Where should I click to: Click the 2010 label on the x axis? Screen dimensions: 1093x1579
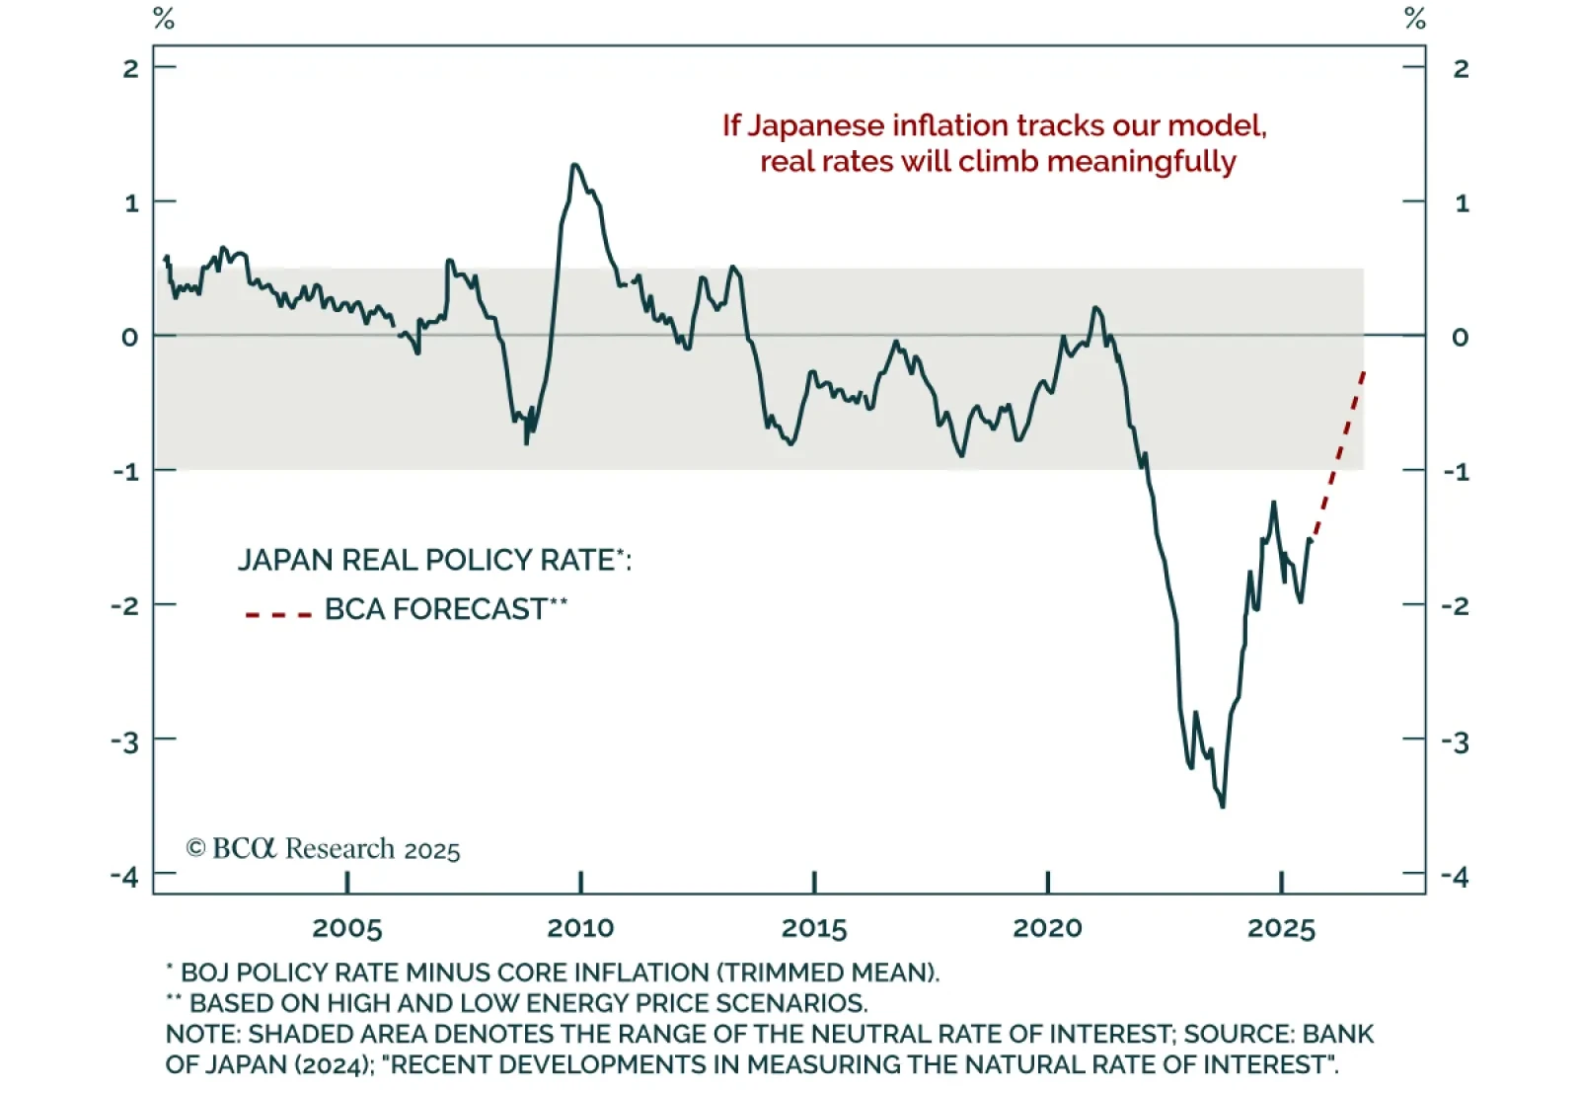point(580,928)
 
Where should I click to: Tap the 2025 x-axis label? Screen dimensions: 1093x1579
point(1281,928)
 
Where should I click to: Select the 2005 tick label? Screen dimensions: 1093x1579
point(346,928)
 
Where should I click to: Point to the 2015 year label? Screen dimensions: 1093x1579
point(814,928)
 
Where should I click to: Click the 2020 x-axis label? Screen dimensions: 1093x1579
point(1047,928)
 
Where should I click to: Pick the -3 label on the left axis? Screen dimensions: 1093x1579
point(125,741)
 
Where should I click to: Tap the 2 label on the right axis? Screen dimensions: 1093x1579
point(1462,69)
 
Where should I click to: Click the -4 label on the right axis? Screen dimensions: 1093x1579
point(1456,876)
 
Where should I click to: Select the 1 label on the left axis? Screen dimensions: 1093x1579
point(131,203)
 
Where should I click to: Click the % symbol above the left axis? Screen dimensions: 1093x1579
point(164,19)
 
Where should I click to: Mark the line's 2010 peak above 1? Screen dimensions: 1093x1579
point(574,165)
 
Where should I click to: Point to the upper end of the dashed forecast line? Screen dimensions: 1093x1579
point(1364,371)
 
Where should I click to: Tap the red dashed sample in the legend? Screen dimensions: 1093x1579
point(278,614)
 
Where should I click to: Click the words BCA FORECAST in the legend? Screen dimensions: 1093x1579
point(435,609)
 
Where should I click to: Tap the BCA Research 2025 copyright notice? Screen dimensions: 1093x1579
point(324,849)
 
